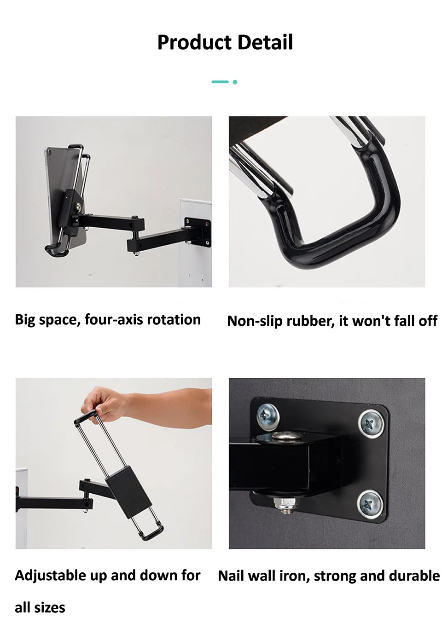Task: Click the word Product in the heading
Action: tap(194, 42)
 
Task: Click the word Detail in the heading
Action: tap(265, 42)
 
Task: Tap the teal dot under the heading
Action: tap(235, 82)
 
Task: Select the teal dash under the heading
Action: tap(220, 82)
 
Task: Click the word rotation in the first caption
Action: tap(174, 320)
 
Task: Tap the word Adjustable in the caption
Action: tap(51, 576)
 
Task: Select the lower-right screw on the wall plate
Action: tap(370, 503)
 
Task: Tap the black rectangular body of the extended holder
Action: tap(128, 488)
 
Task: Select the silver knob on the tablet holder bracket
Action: tap(78, 208)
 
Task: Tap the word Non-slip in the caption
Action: tap(256, 321)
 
